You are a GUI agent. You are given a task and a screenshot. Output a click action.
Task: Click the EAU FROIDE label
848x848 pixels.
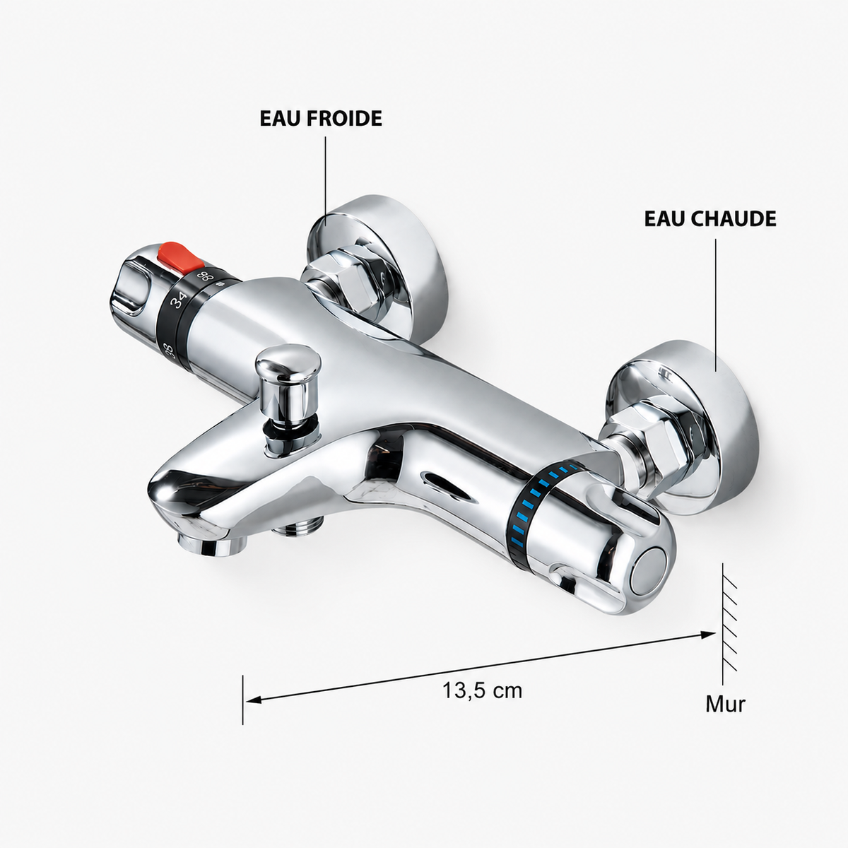[321, 119]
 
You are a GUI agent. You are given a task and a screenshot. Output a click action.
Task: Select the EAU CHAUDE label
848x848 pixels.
[709, 218]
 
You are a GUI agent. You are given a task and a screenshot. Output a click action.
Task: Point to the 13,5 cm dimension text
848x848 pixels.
[483, 690]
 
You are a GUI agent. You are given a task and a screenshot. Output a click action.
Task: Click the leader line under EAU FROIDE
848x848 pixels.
[325, 180]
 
